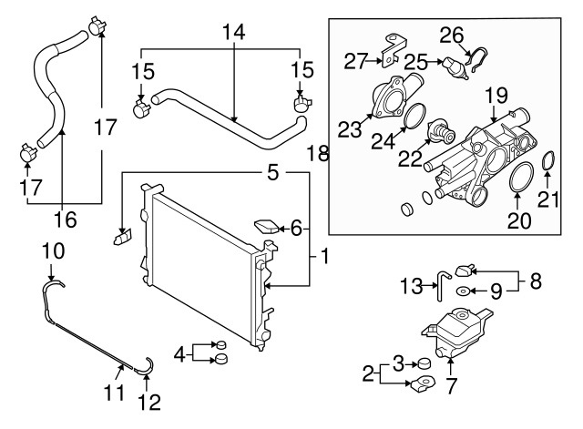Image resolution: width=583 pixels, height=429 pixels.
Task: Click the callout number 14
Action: click(x=233, y=32)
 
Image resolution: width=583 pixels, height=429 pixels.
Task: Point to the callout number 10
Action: click(x=53, y=249)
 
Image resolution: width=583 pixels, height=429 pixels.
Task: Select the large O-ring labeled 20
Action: click(x=515, y=179)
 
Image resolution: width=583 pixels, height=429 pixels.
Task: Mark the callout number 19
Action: click(x=495, y=94)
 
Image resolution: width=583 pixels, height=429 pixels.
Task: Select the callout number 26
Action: click(x=452, y=35)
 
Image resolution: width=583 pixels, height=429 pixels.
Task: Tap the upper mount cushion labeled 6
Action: click(x=267, y=224)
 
